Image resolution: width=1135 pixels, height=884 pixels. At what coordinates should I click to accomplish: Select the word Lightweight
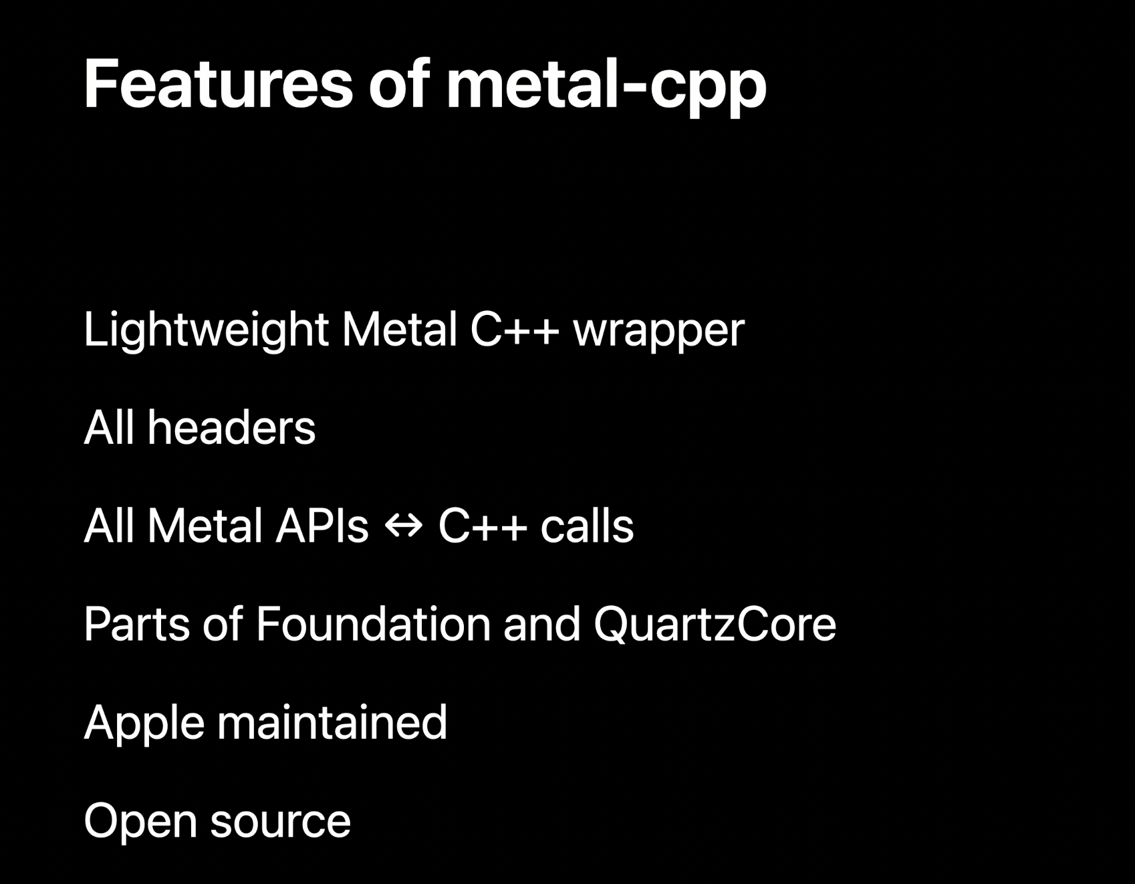pos(206,330)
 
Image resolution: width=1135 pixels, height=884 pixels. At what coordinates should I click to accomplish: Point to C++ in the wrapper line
pos(514,329)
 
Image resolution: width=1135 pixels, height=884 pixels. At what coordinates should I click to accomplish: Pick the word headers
pos(231,427)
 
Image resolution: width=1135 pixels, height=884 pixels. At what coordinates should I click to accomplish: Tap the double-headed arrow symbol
pos(404,526)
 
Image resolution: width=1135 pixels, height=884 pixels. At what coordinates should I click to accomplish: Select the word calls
pos(587,526)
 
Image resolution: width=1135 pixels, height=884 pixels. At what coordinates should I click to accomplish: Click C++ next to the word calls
pos(482,526)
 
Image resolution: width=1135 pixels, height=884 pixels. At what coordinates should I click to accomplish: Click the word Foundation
pos(373,624)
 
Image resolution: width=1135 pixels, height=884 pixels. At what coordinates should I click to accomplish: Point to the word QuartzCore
pos(715,625)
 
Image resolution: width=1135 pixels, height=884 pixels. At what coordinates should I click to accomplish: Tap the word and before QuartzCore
pos(541,624)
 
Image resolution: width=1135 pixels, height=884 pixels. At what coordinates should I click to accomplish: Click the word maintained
pos(332,722)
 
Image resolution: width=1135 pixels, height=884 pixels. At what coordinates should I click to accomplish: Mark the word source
pos(280,823)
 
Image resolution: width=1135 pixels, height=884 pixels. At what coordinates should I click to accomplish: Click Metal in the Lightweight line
pos(399,329)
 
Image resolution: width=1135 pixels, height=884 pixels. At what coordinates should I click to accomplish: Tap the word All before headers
pos(109,427)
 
